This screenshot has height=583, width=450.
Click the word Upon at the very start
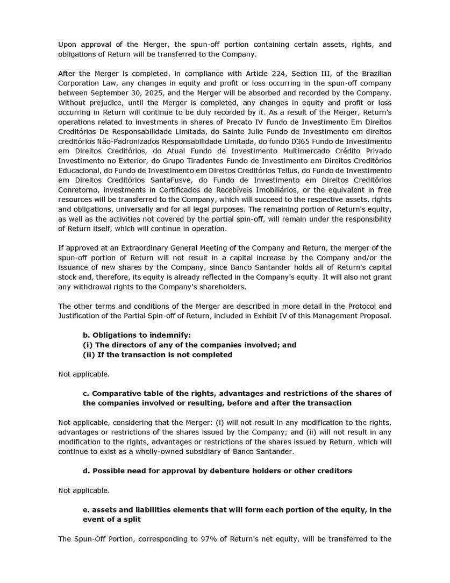pyautogui.click(x=67, y=45)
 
